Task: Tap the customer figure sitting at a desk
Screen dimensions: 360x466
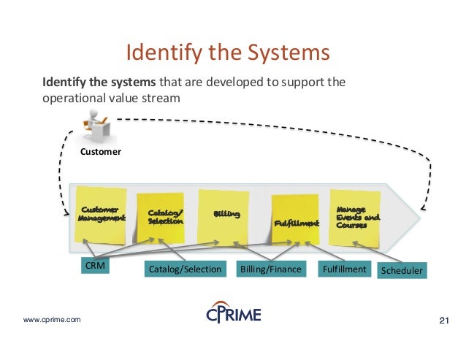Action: (97, 125)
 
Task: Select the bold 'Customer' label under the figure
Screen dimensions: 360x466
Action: (100, 152)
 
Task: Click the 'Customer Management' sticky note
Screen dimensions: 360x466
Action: (102, 215)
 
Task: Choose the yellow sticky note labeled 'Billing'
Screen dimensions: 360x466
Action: (224, 215)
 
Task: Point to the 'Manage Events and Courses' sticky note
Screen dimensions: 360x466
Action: (356, 215)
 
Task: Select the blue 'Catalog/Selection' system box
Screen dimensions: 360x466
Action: (184, 269)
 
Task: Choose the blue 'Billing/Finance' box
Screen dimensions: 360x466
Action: (270, 269)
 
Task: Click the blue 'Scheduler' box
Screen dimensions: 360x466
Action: (402, 270)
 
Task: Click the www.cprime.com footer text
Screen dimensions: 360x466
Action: (52, 320)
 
